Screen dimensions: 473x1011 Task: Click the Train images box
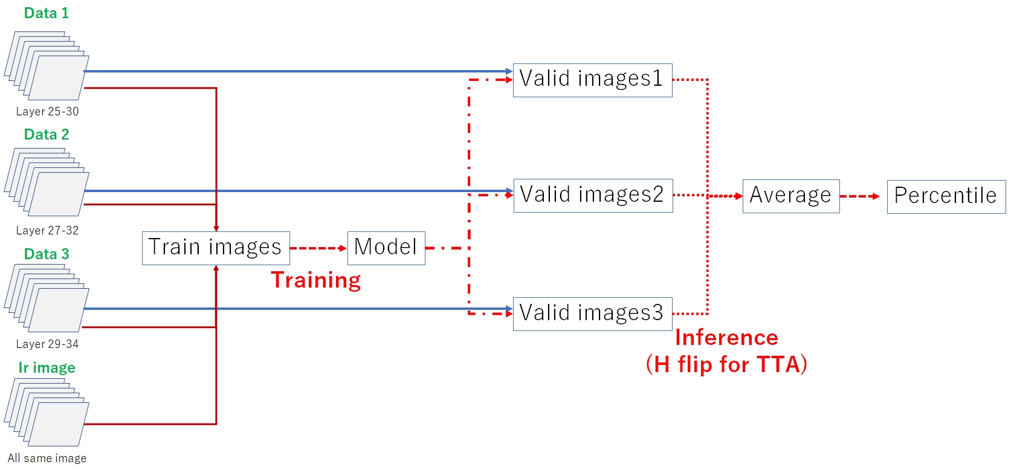point(216,248)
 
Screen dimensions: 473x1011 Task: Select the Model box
point(386,248)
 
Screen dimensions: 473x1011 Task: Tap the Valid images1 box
point(592,80)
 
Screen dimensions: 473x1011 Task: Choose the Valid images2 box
point(593,195)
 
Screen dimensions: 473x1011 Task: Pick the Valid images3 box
point(592,314)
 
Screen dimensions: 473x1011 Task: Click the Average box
point(790,196)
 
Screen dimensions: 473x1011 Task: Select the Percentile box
point(946,196)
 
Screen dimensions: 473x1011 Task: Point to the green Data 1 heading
point(47,13)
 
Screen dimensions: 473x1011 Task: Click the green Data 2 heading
point(47,134)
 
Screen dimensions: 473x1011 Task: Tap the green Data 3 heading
point(47,254)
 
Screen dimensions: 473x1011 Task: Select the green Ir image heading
point(47,367)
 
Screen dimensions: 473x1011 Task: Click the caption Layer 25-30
point(47,111)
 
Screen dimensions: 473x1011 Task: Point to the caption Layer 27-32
point(47,230)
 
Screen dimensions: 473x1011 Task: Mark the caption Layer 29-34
point(47,344)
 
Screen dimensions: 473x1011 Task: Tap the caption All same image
point(47,458)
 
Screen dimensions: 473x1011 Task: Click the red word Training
point(315,280)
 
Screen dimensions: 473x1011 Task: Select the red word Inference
point(726,337)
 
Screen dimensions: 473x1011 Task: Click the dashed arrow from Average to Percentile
point(859,196)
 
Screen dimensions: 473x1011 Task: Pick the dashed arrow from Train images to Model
point(318,248)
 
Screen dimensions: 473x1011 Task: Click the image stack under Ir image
point(47,413)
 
